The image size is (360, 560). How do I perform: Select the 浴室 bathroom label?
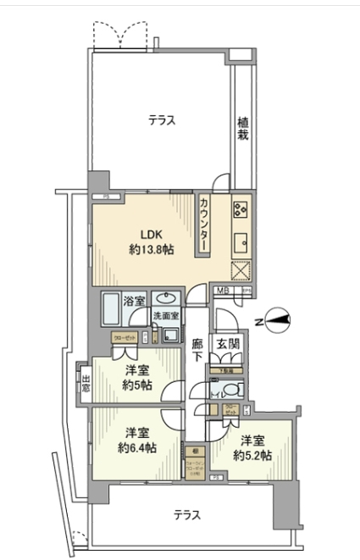[x=134, y=301]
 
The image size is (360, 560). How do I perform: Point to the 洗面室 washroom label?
[x=165, y=316]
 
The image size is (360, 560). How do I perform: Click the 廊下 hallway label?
[x=197, y=351]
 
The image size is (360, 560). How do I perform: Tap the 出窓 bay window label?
[x=86, y=382]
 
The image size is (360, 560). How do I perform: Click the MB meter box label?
[x=199, y=291]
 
